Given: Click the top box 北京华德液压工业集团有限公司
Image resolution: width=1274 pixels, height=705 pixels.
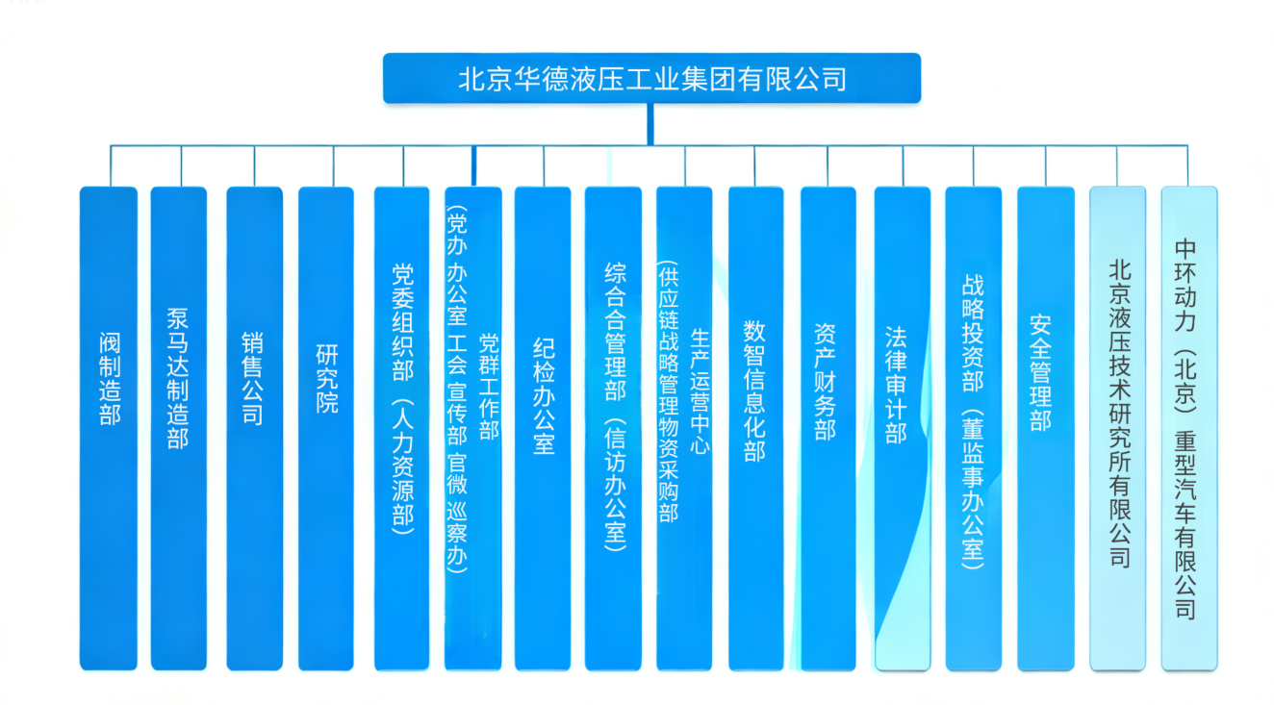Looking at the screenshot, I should [x=651, y=78].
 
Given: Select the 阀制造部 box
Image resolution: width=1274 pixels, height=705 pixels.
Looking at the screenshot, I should [x=109, y=428].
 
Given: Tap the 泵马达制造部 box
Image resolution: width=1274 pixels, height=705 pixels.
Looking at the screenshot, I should [x=179, y=428].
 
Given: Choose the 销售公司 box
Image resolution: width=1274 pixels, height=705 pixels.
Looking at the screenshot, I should [x=255, y=428].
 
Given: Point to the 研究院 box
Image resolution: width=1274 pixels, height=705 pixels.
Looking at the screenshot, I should [x=326, y=428].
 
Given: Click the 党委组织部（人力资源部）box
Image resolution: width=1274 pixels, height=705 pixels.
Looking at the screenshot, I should [x=402, y=428].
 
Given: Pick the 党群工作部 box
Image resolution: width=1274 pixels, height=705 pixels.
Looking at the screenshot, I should [x=473, y=428].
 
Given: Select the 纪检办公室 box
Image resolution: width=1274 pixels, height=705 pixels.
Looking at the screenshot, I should [x=543, y=428].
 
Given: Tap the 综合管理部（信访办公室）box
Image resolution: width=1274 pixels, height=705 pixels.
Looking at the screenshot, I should [x=613, y=428].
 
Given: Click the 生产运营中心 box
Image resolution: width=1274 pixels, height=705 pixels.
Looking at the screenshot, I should [x=684, y=428].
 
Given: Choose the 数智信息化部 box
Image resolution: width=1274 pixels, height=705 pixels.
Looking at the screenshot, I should [x=755, y=428].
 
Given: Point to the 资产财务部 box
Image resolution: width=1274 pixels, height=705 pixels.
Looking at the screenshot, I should [x=828, y=428].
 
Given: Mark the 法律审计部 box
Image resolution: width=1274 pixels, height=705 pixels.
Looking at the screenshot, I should [x=902, y=428].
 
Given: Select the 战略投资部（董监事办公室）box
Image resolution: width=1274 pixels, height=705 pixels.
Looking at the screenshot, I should [x=973, y=428].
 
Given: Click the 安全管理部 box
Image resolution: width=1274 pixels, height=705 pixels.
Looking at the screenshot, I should [x=1045, y=428].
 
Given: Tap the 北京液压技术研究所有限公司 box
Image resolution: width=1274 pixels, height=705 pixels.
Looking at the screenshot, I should [x=1117, y=428].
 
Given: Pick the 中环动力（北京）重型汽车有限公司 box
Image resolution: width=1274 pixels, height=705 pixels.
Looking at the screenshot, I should [x=1188, y=428].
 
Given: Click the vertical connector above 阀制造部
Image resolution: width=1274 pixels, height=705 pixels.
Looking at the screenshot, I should [x=110, y=165].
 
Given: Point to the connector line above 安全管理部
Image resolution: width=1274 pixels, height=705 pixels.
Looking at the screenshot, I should [x=1046, y=165].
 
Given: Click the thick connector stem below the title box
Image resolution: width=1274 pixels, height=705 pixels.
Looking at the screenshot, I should [x=650, y=123].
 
